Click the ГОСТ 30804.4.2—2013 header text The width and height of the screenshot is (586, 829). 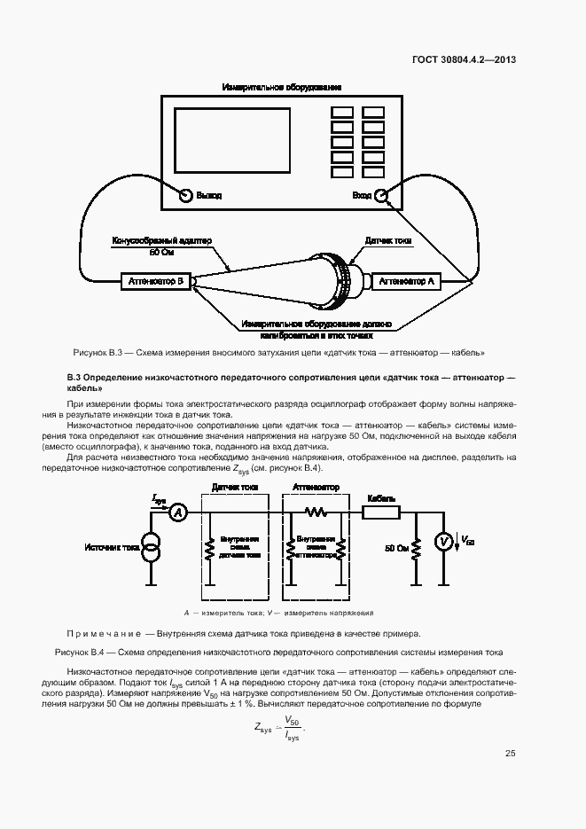click(464, 60)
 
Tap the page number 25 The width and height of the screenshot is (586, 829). click(510, 754)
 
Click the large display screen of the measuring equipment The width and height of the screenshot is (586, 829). click(233, 141)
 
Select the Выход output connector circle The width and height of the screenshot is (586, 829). click(186, 195)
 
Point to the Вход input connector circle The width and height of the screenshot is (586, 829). click(380, 195)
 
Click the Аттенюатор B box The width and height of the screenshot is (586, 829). click(154, 281)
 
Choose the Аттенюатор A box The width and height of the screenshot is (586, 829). click(406, 281)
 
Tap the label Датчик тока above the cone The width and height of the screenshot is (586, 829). click(388, 240)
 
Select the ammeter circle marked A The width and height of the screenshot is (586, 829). click(176, 512)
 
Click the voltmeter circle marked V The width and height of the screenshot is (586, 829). click(446, 542)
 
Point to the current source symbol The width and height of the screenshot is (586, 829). click(152, 548)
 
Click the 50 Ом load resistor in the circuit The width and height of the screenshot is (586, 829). click(417, 548)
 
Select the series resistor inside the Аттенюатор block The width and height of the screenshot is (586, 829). click(316, 512)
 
